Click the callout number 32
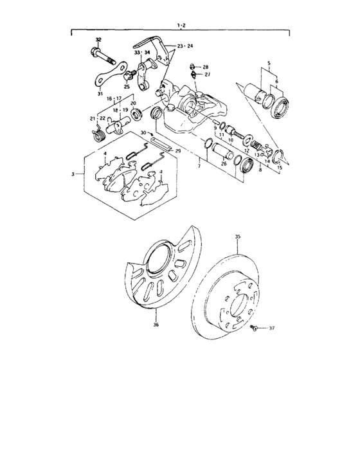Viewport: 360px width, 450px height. point(97,40)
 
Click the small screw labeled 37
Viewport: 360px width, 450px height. point(255,328)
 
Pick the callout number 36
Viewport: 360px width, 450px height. point(156,325)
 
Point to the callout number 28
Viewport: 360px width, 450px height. point(206,67)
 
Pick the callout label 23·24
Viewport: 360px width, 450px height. point(184,46)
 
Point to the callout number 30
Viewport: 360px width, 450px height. point(144,133)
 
